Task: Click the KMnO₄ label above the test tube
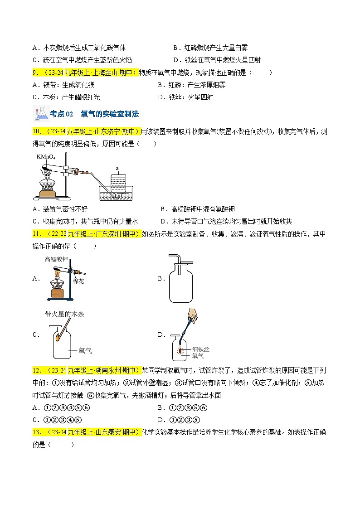45,157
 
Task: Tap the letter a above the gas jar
117,168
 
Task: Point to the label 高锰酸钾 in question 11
56,259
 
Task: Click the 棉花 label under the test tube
78,281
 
